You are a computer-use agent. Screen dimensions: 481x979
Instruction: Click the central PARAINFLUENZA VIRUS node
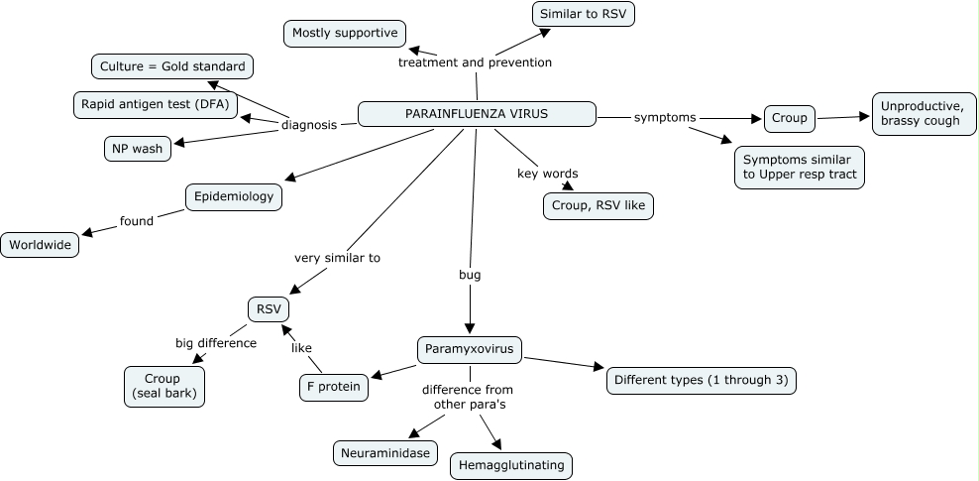pos(476,114)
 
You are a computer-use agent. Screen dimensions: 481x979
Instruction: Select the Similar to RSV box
pos(583,14)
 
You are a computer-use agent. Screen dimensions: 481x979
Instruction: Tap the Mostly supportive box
pos(344,33)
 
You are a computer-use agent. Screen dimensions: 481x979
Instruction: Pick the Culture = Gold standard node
pos(171,66)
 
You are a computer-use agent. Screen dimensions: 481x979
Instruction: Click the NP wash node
pos(137,148)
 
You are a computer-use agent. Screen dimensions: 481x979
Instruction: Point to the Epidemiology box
pos(233,196)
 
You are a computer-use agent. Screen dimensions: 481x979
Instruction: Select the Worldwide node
pos(41,245)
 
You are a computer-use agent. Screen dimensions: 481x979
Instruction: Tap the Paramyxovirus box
pos(470,348)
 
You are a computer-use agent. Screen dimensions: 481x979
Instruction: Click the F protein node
pos(333,386)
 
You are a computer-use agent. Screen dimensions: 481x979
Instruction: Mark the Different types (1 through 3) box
pos(702,380)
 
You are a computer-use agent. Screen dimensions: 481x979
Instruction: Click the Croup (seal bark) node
pos(163,387)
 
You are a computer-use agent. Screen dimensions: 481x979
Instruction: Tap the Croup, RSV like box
pos(598,205)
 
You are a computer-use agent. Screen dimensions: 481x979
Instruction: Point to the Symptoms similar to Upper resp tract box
pos(799,168)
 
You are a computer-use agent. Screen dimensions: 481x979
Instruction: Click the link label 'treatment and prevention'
pos(475,62)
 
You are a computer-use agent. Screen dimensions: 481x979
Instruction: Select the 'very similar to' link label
pos(337,258)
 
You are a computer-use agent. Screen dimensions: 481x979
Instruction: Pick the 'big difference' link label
pos(216,343)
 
